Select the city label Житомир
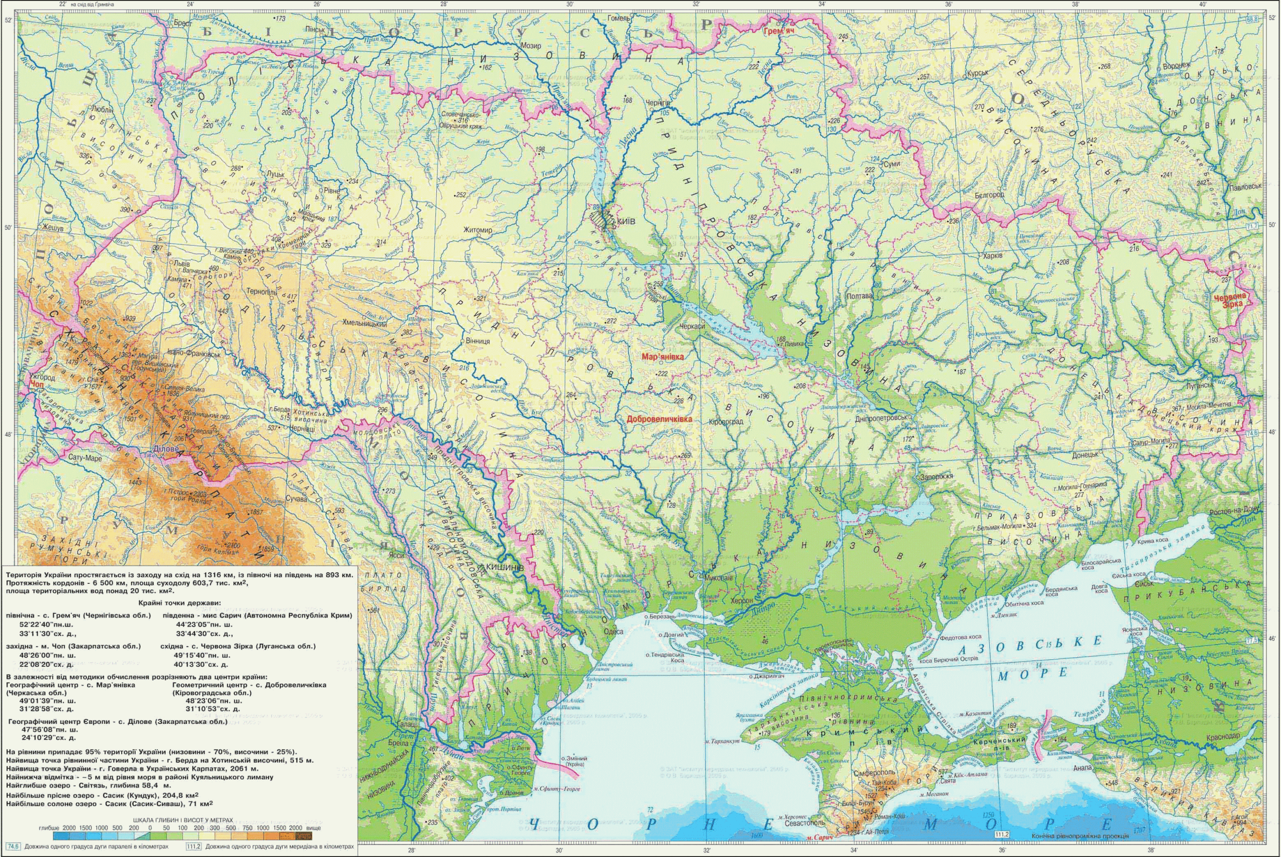[x=478, y=230]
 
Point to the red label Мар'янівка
[x=663, y=356]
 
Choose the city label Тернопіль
[x=262, y=291]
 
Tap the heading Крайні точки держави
[x=178, y=603]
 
